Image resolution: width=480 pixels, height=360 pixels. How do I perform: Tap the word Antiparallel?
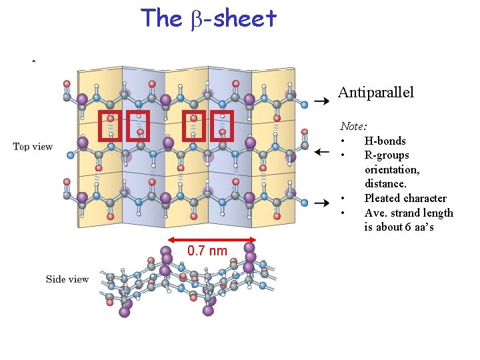click(376, 93)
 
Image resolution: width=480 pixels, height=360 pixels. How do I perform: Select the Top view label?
click(33, 147)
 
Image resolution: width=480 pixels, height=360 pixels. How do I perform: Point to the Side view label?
click(67, 279)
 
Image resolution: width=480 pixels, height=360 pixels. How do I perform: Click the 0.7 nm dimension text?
click(207, 251)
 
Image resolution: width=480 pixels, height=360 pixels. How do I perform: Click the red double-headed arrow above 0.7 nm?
click(212, 239)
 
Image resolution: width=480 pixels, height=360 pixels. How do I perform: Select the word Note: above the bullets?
click(354, 125)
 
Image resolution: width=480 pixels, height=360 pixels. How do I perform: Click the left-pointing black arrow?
click(321, 153)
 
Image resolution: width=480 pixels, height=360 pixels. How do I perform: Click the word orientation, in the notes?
click(393, 169)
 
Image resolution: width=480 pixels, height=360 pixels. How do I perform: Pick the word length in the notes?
click(437, 213)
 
